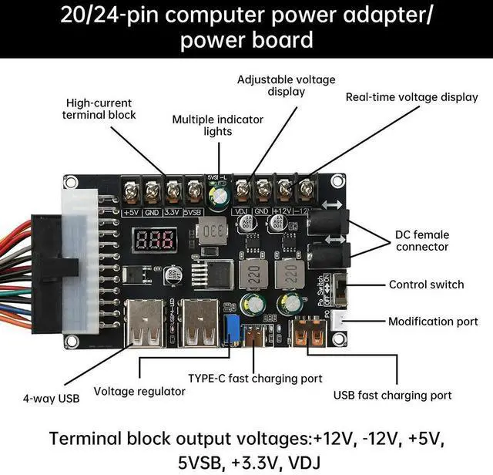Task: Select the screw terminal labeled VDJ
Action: click(x=243, y=188)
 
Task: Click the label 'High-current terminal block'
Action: click(x=99, y=109)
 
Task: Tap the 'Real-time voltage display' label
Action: click(x=412, y=97)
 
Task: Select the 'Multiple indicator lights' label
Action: click(x=217, y=125)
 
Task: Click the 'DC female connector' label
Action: click(x=422, y=241)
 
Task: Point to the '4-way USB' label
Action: click(x=51, y=399)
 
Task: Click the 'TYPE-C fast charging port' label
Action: click(x=255, y=379)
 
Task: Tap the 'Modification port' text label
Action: click(x=433, y=322)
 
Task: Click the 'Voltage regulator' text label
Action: click(x=139, y=392)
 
